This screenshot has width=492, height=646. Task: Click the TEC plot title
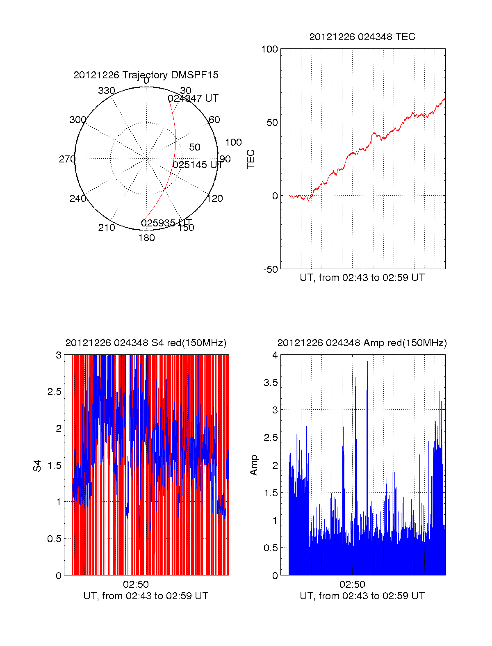[x=362, y=37]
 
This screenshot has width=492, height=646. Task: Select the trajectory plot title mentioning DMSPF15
[x=146, y=75]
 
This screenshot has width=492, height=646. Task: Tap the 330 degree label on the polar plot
[x=107, y=91]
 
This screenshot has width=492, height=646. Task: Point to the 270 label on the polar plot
[x=67, y=159]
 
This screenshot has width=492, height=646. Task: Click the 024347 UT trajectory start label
[x=193, y=98]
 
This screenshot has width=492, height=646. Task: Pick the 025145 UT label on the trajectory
[x=198, y=165]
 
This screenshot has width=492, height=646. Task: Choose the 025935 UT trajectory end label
[x=166, y=223]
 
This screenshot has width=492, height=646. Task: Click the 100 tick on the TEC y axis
[x=269, y=49]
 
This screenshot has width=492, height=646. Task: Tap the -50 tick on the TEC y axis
[x=270, y=269]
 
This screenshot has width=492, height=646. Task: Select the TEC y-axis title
[x=251, y=159]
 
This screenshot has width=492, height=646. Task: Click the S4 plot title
[x=146, y=343]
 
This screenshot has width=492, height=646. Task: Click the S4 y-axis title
[x=37, y=466]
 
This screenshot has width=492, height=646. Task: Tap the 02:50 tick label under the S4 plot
[x=136, y=584]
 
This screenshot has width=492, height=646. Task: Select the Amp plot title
[x=362, y=343]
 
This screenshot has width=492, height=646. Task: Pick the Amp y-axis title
[x=254, y=465]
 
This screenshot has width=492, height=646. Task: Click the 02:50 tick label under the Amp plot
[x=352, y=584]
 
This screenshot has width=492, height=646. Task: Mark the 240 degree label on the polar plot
[x=78, y=199]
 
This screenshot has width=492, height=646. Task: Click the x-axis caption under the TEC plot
[x=362, y=278]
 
